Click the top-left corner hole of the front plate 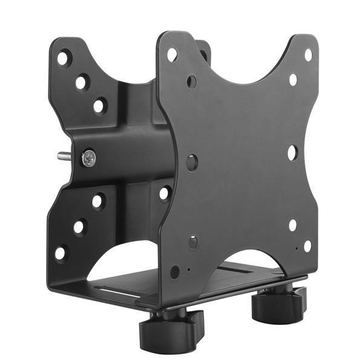click(x=172, y=54)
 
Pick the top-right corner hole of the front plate click(x=307, y=55)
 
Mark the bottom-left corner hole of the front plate click(x=175, y=272)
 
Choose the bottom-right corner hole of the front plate click(x=307, y=245)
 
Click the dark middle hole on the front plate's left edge click(x=192, y=162)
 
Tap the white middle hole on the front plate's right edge click(x=292, y=152)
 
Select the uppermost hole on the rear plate click(x=63, y=58)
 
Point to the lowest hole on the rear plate click(x=61, y=253)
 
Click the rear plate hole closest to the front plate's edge click(x=165, y=194)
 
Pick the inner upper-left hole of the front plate click(x=192, y=81)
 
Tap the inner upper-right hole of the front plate click(x=293, y=79)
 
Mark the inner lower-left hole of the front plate click(x=192, y=242)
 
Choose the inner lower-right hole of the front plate click(x=293, y=225)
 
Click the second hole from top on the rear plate click(x=82, y=82)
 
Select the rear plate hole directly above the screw click(x=99, y=106)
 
